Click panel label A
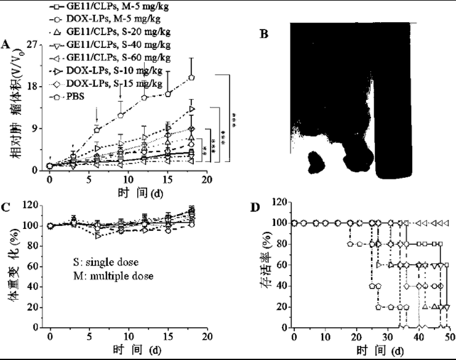click(x=6, y=44)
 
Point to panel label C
click(x=6, y=207)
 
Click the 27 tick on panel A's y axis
click(x=36, y=45)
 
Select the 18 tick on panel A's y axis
click(x=36, y=86)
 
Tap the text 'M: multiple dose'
click(x=112, y=276)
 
